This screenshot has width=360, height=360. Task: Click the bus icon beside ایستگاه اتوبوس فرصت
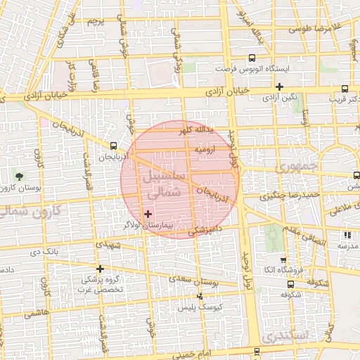tap(252, 60)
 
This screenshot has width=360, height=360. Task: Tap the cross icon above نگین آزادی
tap(280, 87)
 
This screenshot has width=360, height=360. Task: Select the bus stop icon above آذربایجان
tap(114, 146)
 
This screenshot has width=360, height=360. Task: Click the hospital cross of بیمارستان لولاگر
tap(148, 213)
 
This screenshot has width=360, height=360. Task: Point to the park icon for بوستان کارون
tap(18, 175)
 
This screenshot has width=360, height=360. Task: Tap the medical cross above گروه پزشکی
tap(100, 269)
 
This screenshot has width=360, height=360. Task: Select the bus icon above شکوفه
tap(291, 285)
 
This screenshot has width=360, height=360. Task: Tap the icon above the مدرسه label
tap(347, 236)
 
